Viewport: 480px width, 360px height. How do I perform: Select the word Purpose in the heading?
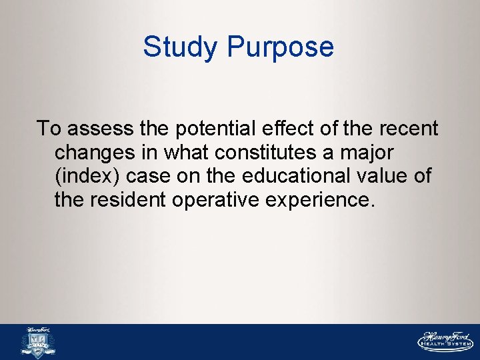(280, 47)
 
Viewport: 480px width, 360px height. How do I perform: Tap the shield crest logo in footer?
(39, 343)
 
